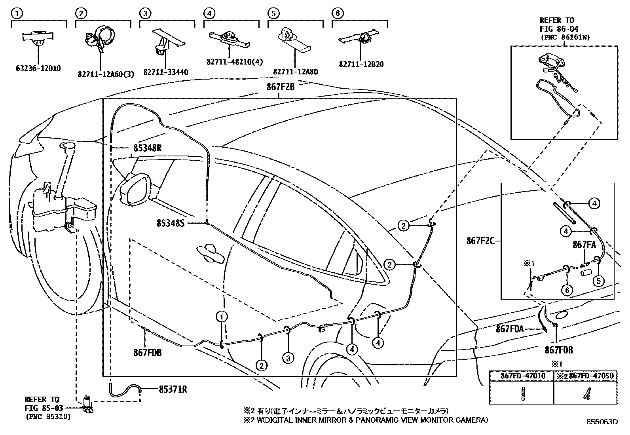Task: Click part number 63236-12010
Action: coord(38,68)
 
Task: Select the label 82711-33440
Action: coord(165,72)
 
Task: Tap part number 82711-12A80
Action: coord(295,72)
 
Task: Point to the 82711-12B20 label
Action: coord(361,65)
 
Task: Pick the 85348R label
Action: coord(147,148)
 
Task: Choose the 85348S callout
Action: coord(171,224)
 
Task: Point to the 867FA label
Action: coord(584,245)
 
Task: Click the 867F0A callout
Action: coord(510,329)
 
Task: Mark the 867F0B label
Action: coord(559,350)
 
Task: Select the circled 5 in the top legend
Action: coord(272,13)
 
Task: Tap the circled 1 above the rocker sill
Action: coord(222,316)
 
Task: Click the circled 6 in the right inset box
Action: coord(567,290)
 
